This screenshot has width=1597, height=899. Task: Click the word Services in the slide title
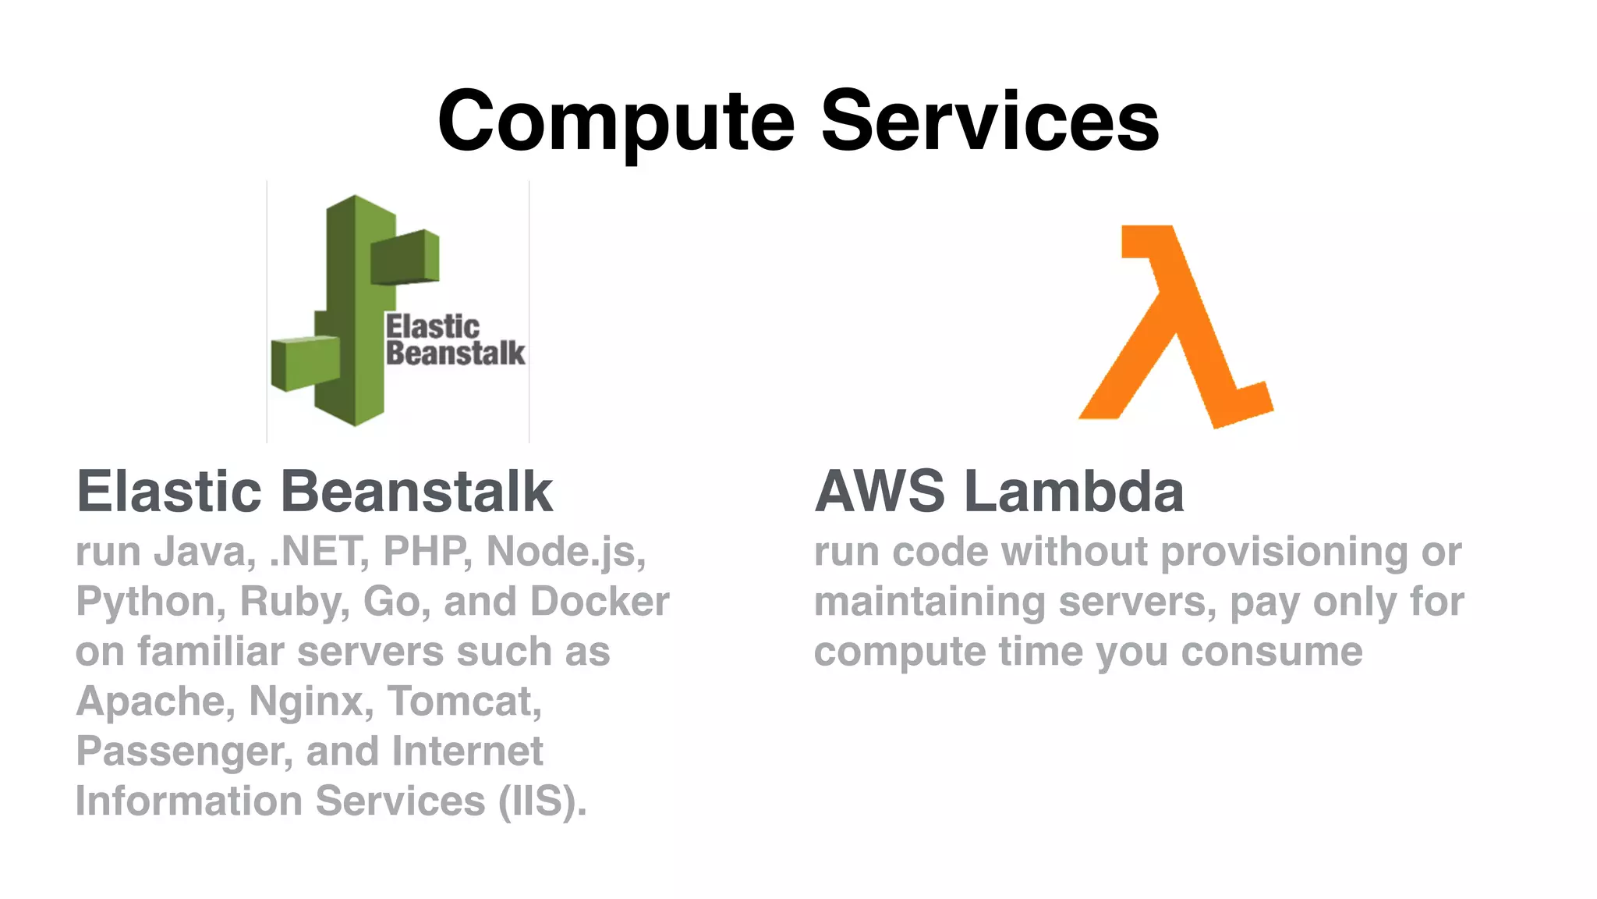[990, 121]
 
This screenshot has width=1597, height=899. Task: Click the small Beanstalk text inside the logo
[455, 354]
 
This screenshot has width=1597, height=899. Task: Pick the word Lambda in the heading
[1074, 492]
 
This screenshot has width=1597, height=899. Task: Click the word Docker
[599, 602]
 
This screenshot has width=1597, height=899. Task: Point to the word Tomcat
[464, 702]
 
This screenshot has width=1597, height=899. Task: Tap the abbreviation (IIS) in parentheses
[542, 801]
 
